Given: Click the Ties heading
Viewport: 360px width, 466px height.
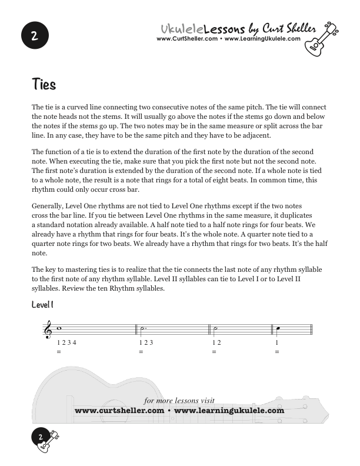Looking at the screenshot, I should pyautogui.click(x=44, y=85).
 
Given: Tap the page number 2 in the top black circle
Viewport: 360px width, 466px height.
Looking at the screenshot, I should pyautogui.click(x=35, y=36).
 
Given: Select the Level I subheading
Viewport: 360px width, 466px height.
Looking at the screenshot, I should pyautogui.click(x=43, y=305).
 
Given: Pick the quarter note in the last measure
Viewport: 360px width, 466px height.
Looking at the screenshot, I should pyautogui.click(x=276, y=329).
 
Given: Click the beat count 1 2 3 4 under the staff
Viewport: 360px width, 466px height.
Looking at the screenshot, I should pyautogui.click(x=66, y=342).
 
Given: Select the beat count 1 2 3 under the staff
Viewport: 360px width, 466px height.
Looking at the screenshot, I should pyautogui.click(x=146, y=342).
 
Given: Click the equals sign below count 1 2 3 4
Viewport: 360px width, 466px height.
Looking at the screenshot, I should pyautogui.click(x=59, y=352).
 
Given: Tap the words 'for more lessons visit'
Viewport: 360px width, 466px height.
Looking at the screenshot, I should pyautogui.click(x=179, y=401).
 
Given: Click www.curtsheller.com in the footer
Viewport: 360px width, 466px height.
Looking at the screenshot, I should pyautogui.click(x=119, y=411).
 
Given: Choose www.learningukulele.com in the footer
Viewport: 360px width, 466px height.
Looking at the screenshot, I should pyautogui.click(x=229, y=411).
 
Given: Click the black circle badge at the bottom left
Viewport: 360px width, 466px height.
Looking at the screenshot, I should pyautogui.click(x=40, y=437).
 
